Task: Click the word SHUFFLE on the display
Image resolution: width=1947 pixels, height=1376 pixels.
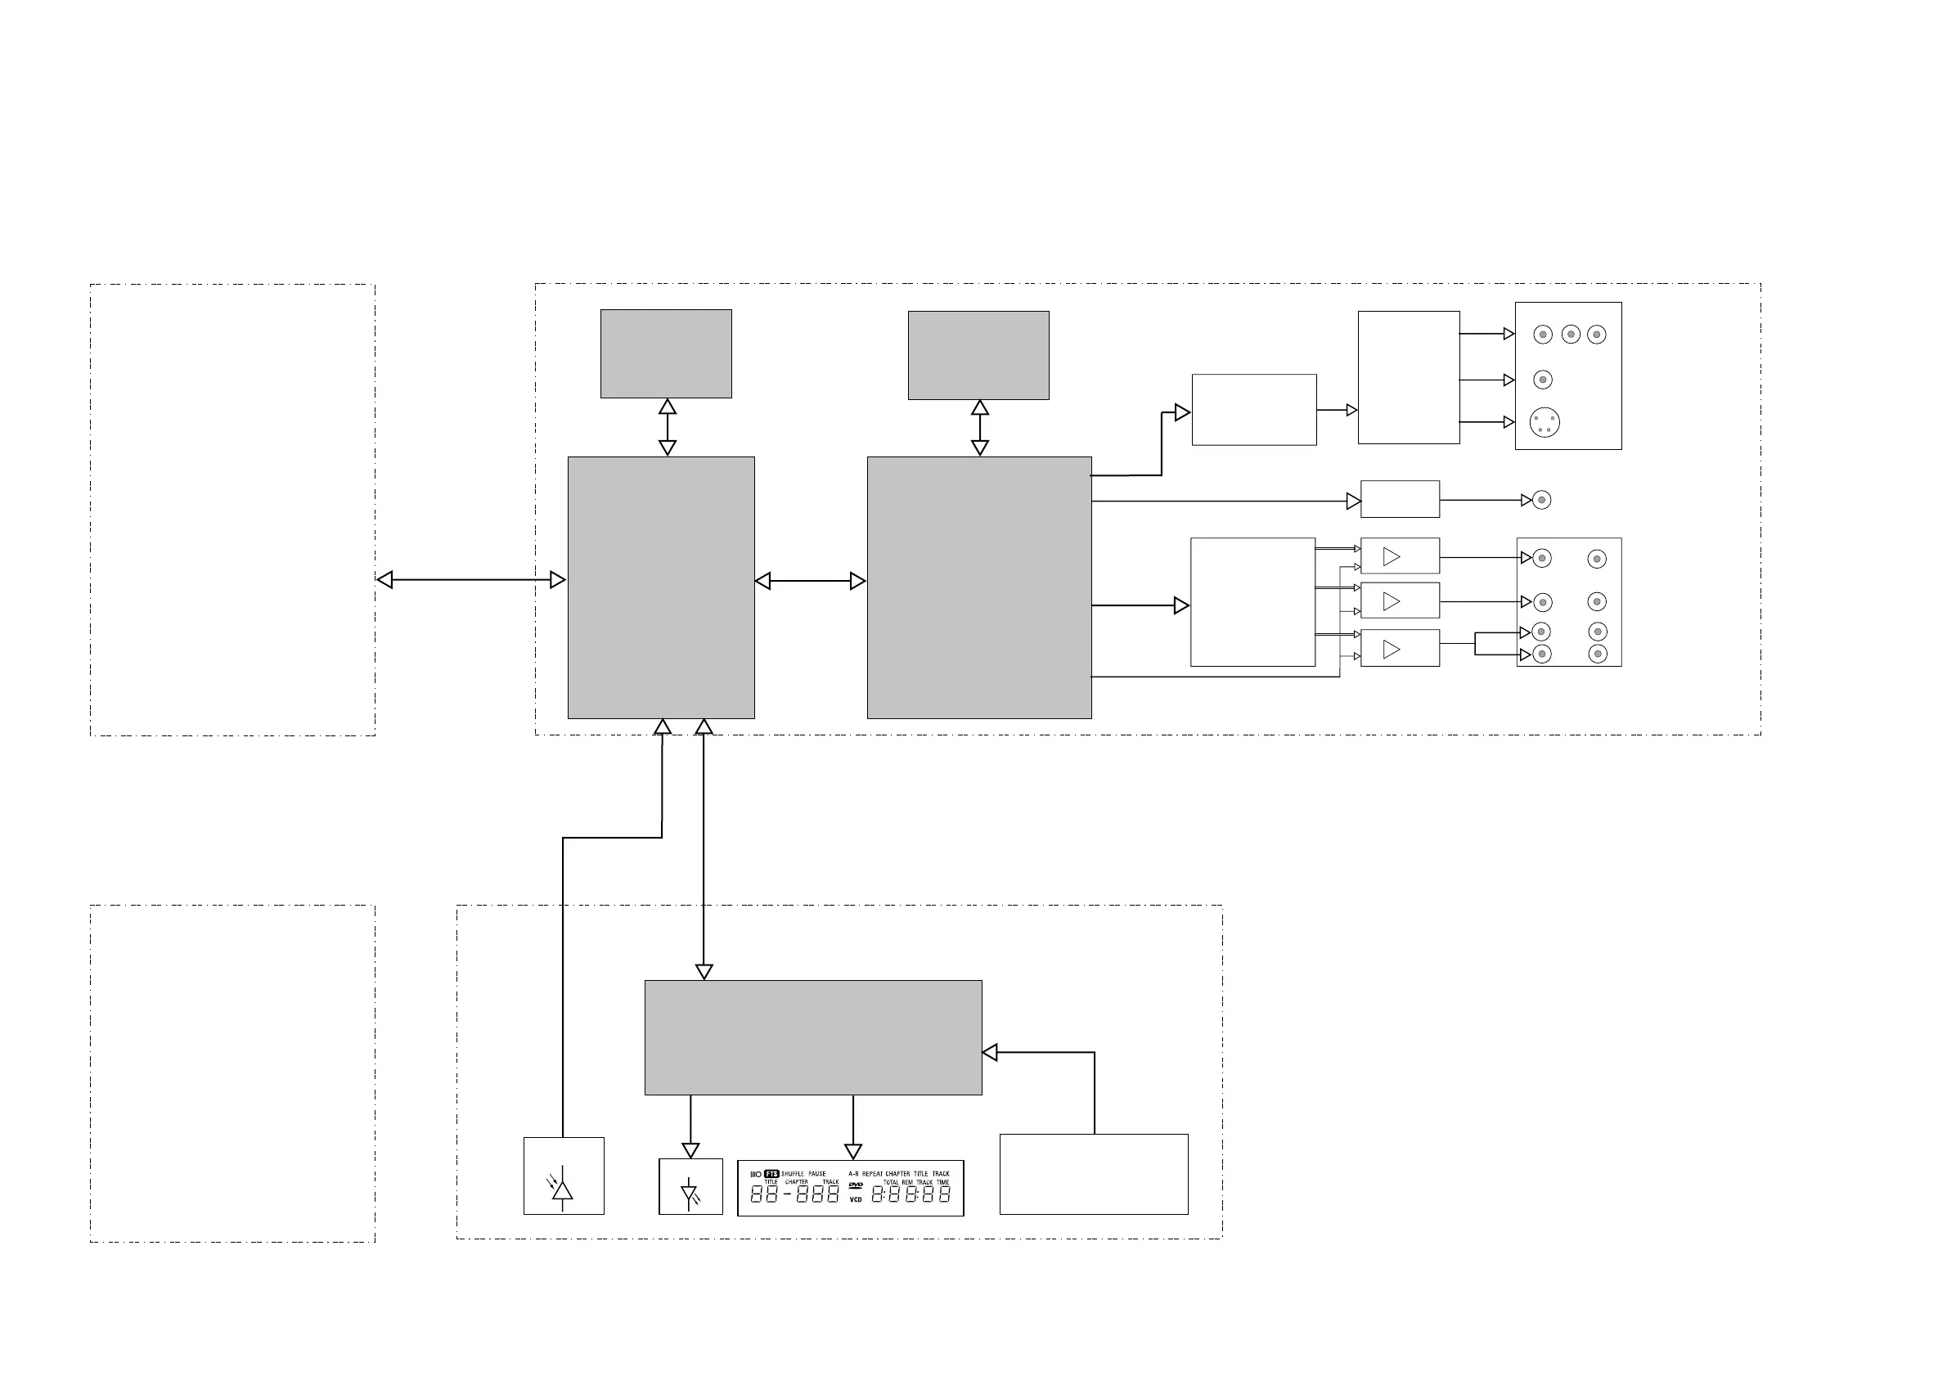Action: click(x=792, y=1174)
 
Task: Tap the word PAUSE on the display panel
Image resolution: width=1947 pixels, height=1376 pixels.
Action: click(x=816, y=1174)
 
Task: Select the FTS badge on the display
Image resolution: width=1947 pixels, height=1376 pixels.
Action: click(x=771, y=1174)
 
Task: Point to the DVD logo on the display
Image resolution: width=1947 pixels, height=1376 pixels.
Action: click(x=856, y=1185)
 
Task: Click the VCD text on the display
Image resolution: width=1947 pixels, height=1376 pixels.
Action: click(x=856, y=1199)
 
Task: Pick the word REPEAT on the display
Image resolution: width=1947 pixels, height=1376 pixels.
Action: click(x=873, y=1174)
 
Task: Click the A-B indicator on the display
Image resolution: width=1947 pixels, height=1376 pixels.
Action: click(x=853, y=1174)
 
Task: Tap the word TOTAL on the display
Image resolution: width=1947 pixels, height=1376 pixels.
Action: click(x=890, y=1182)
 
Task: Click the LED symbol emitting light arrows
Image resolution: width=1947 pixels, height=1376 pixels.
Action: click(x=690, y=1193)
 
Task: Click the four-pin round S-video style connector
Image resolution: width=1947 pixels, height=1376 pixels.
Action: click(x=1545, y=422)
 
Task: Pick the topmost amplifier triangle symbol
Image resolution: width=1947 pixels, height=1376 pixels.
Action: click(x=1391, y=557)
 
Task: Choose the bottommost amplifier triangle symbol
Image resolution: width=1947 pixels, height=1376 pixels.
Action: click(x=1391, y=650)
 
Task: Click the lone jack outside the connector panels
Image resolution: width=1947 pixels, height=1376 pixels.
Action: click(x=1542, y=500)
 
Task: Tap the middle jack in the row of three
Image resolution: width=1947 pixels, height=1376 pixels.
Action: click(x=1571, y=335)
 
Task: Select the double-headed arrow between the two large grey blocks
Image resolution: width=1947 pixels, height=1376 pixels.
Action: click(x=810, y=581)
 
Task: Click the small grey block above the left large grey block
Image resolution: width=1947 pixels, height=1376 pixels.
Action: click(x=666, y=353)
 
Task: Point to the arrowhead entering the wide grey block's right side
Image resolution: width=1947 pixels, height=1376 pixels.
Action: click(x=990, y=1053)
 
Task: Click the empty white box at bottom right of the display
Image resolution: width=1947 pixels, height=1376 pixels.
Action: click(x=1094, y=1174)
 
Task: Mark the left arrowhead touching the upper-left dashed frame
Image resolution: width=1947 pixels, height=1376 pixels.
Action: click(x=385, y=580)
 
